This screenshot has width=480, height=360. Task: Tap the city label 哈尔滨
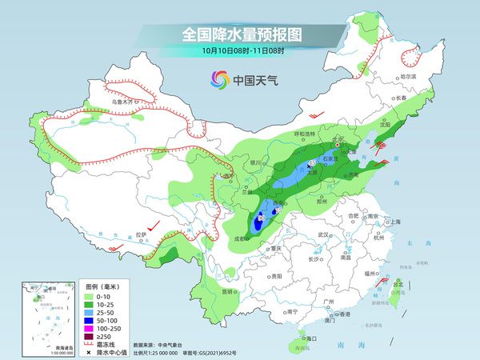(x=410, y=76)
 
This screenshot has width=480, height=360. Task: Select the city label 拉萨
(x=142, y=234)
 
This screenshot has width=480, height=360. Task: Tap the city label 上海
(x=393, y=222)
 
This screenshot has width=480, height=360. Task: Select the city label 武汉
(x=324, y=234)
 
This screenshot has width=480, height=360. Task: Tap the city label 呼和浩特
(x=284, y=134)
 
